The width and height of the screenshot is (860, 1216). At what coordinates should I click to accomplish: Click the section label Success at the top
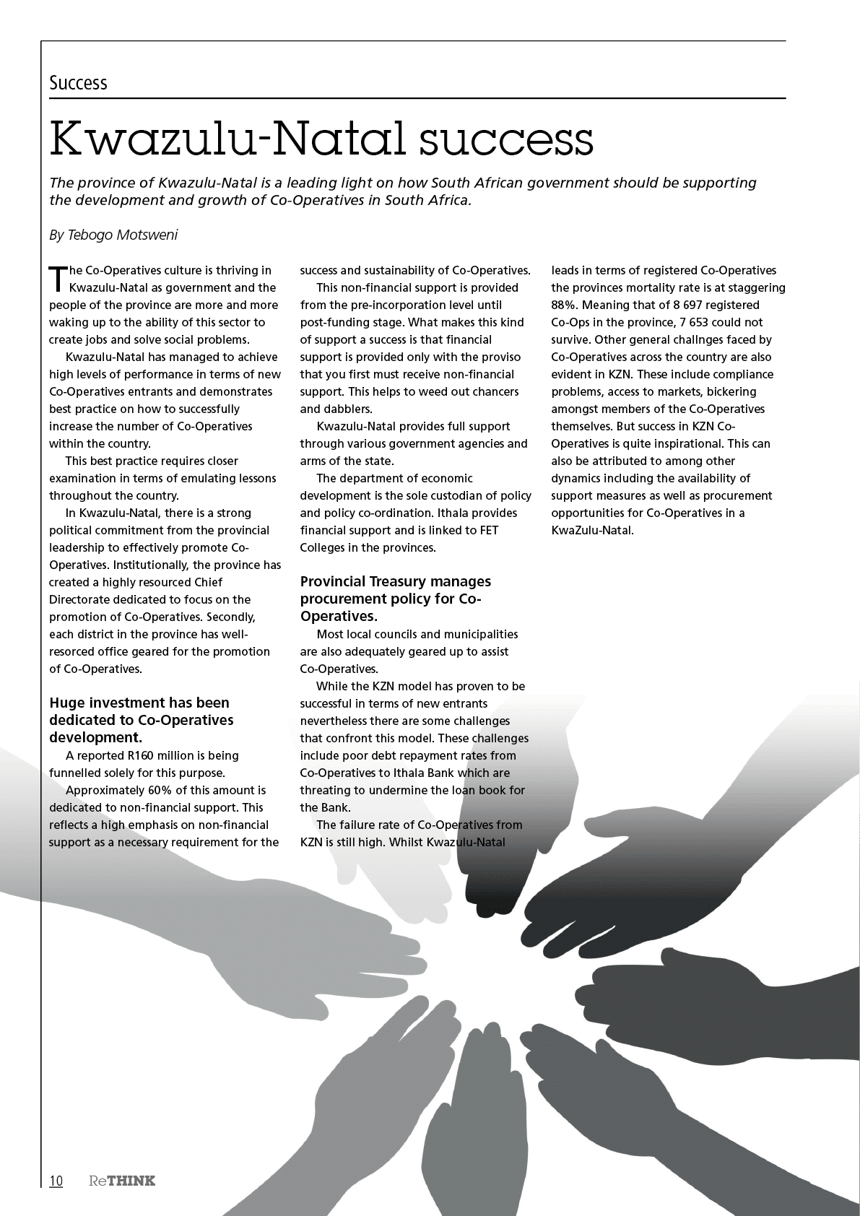click(78, 83)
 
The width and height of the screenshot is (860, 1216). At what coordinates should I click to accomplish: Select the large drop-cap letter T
click(57, 279)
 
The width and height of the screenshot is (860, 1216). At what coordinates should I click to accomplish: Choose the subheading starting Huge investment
click(139, 703)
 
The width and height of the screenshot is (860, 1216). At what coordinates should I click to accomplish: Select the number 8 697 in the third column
click(677, 305)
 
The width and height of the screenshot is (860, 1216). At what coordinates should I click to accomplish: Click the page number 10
click(56, 1181)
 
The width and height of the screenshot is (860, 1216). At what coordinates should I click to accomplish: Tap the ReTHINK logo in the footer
click(122, 1181)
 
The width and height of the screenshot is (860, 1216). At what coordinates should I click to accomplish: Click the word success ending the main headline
click(507, 139)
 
